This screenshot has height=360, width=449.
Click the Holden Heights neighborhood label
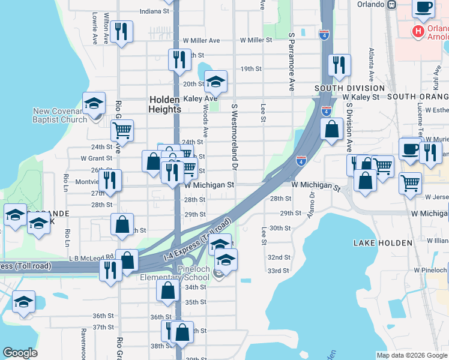[164, 104]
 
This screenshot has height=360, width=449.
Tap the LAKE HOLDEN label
[383, 242]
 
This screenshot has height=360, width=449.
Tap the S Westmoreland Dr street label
[234, 138]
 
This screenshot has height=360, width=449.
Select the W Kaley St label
[361, 97]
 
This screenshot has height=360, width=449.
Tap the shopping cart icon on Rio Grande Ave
[122, 129]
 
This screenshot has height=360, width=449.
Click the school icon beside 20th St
[215, 81]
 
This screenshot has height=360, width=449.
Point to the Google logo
[20, 353]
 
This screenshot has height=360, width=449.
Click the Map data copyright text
[411, 355]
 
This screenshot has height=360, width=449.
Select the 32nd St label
[279, 257]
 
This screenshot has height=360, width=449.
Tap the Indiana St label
[154, 11]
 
